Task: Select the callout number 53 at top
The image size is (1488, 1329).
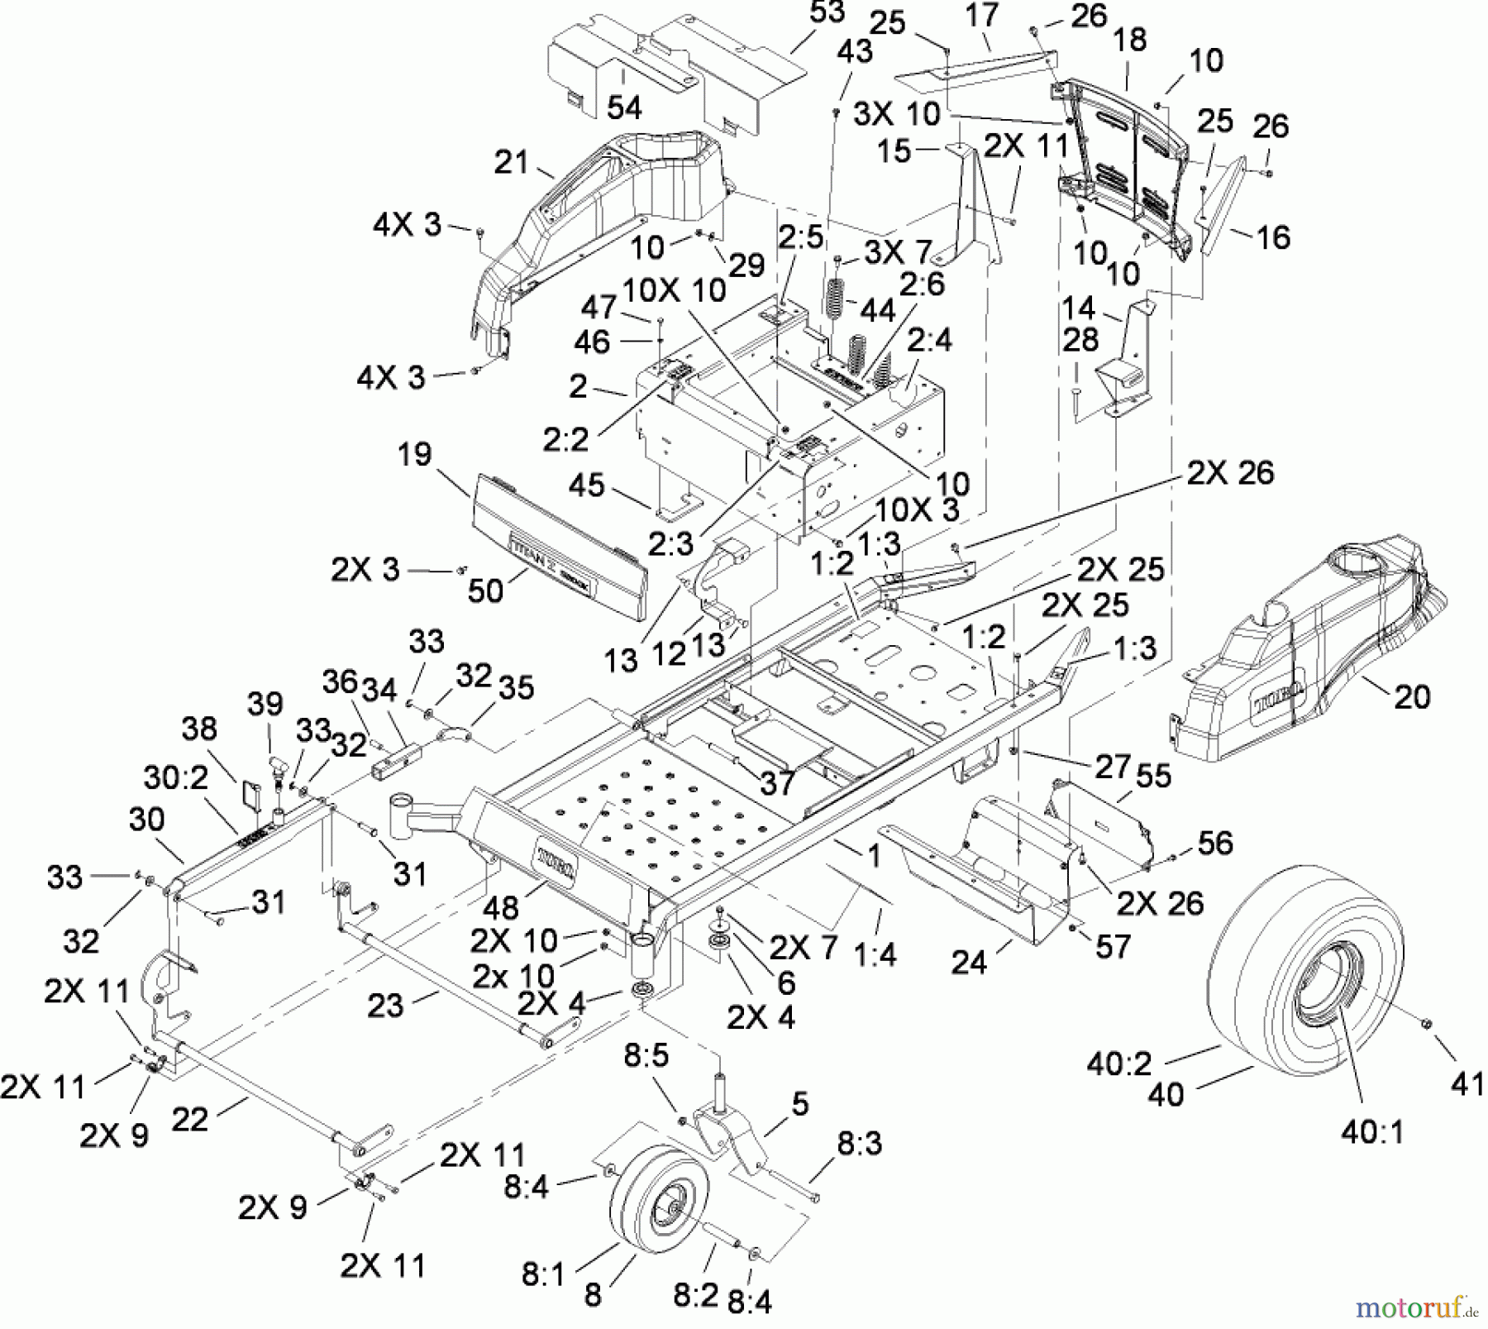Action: tap(827, 12)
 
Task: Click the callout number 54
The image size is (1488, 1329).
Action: tap(624, 108)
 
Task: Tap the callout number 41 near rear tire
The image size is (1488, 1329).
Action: tap(1467, 1083)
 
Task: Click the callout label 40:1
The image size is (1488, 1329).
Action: tap(1372, 1131)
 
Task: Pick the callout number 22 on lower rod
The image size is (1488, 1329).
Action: tap(189, 1119)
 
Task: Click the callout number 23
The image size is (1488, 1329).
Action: tap(385, 1006)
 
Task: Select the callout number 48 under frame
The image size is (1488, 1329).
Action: tap(499, 907)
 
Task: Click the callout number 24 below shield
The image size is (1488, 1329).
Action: tap(969, 962)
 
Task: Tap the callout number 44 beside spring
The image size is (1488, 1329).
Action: tap(878, 310)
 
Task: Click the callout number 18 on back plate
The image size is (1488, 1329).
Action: tap(1130, 40)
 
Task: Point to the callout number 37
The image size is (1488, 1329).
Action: tap(777, 782)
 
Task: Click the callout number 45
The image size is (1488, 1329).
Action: tap(586, 485)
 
